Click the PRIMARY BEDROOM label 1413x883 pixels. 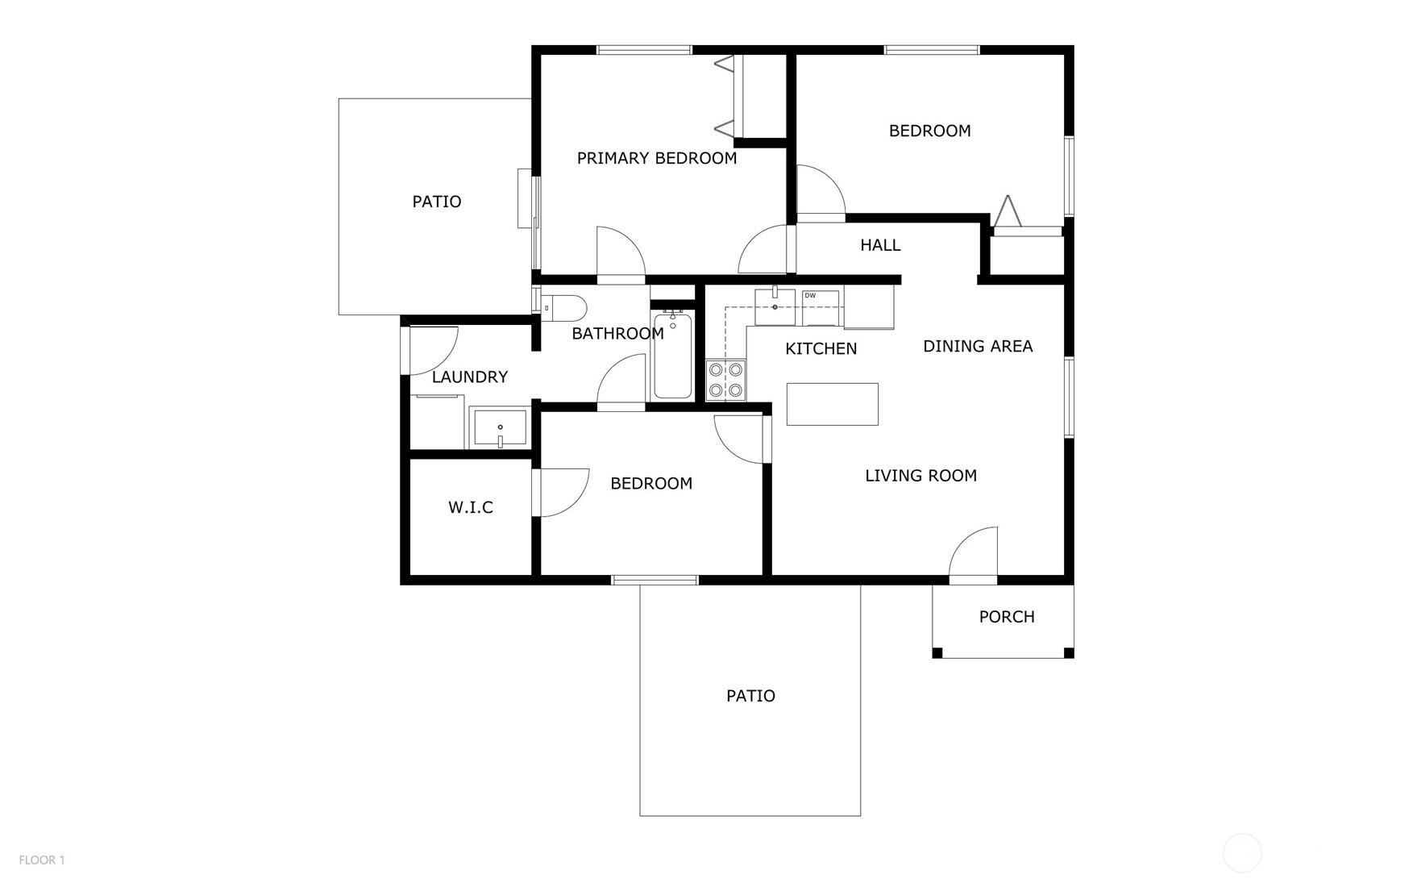[x=657, y=158]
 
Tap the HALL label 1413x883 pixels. [x=880, y=245]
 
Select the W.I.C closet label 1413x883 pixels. [x=471, y=507]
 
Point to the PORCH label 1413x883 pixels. [x=1007, y=617]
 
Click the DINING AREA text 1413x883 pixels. [x=978, y=346]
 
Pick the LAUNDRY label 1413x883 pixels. [x=470, y=377]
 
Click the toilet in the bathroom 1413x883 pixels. [x=564, y=307]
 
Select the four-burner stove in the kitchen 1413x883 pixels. [x=726, y=380]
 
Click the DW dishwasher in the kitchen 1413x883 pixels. [x=821, y=307]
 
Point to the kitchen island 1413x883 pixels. [x=833, y=404]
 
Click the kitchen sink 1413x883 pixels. [x=775, y=306]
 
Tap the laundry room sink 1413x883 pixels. [x=500, y=427]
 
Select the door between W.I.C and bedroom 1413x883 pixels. [x=561, y=492]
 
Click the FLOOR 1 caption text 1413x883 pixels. [x=42, y=860]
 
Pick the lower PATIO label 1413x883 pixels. [x=750, y=696]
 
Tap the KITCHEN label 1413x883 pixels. [x=821, y=348]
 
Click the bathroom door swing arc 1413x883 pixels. [x=621, y=379]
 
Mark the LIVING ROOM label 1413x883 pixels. [x=921, y=476]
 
